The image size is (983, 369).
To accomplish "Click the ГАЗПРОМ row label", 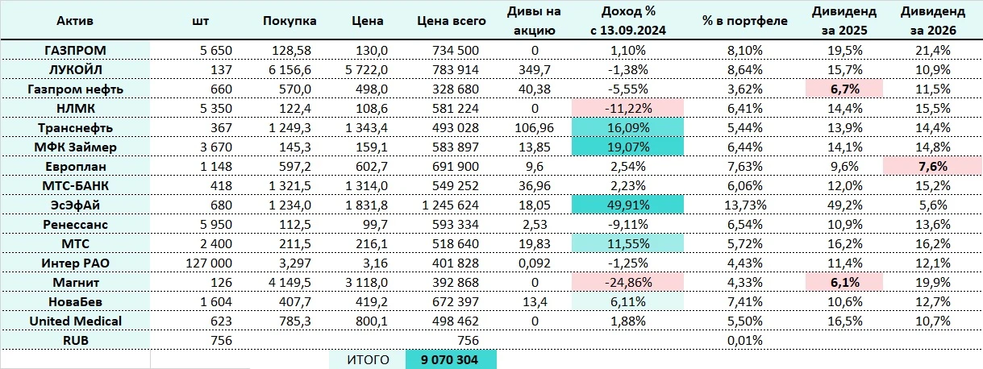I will coord(75,50).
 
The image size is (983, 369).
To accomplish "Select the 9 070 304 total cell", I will coord(451,359).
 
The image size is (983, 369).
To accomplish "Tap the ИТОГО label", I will coord(367,359).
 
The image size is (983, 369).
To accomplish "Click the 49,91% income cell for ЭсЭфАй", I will coord(627,205).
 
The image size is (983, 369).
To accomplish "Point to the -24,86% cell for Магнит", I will coord(627,282).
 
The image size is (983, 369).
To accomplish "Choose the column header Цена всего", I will coord(451,21).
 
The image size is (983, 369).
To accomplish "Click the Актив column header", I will coord(75,21).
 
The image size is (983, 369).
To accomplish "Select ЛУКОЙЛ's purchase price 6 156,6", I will coord(290,69).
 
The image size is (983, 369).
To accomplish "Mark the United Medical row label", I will coord(75,321).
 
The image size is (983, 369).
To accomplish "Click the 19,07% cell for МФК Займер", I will coord(627,147).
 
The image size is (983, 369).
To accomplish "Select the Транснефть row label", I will coord(75,127).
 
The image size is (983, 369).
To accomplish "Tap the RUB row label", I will coord(75,340).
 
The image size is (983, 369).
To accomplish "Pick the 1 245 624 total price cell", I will coord(451,205).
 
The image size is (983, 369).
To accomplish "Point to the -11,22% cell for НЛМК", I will coord(627,108).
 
